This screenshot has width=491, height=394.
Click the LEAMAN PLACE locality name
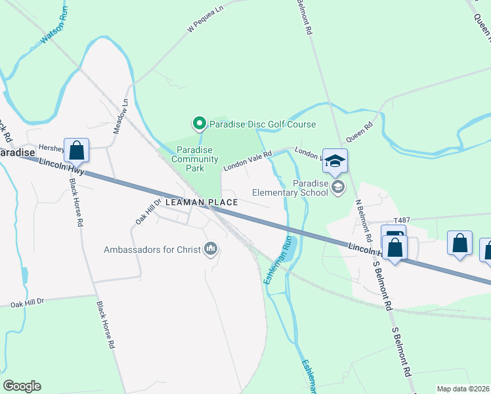coord(202,202)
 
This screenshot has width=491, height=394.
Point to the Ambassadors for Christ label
coord(153,249)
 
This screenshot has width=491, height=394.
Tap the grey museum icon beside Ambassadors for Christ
coord(211,248)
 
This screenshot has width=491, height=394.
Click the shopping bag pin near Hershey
coord(77,150)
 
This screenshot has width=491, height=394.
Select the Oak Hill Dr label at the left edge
coord(26,303)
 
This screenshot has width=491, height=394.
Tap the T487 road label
coord(401,221)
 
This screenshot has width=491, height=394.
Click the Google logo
coord(22,386)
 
